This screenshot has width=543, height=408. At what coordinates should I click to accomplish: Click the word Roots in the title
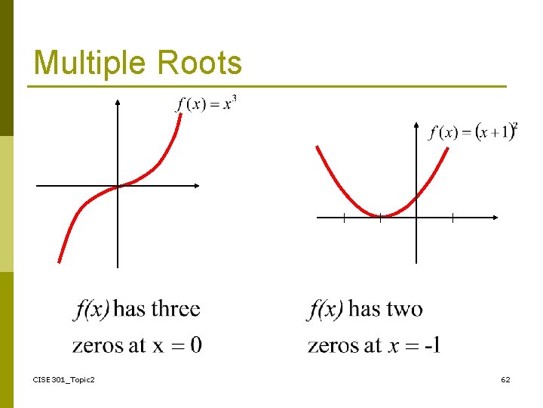(x=200, y=63)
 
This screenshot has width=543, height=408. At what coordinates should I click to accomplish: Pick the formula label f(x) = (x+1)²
(x=473, y=131)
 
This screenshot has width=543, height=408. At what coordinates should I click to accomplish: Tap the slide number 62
(x=505, y=379)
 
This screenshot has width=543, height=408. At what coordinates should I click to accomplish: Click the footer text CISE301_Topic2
(x=64, y=379)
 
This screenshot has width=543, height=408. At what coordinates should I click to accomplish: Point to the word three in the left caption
(x=176, y=308)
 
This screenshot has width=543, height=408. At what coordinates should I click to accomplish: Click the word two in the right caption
(x=404, y=308)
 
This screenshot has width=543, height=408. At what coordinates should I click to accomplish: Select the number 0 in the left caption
(x=195, y=345)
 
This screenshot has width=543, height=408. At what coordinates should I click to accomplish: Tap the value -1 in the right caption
(x=432, y=345)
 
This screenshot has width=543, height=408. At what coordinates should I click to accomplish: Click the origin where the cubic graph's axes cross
(x=118, y=185)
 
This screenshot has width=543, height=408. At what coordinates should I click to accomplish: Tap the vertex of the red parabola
(x=380, y=216)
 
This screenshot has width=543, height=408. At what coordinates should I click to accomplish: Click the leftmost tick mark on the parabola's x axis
(x=344, y=218)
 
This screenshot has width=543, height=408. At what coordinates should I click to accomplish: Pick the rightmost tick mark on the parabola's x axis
(x=452, y=218)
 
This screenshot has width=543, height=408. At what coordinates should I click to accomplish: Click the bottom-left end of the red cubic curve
(x=60, y=261)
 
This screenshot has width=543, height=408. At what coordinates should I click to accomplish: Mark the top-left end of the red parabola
(x=318, y=147)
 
